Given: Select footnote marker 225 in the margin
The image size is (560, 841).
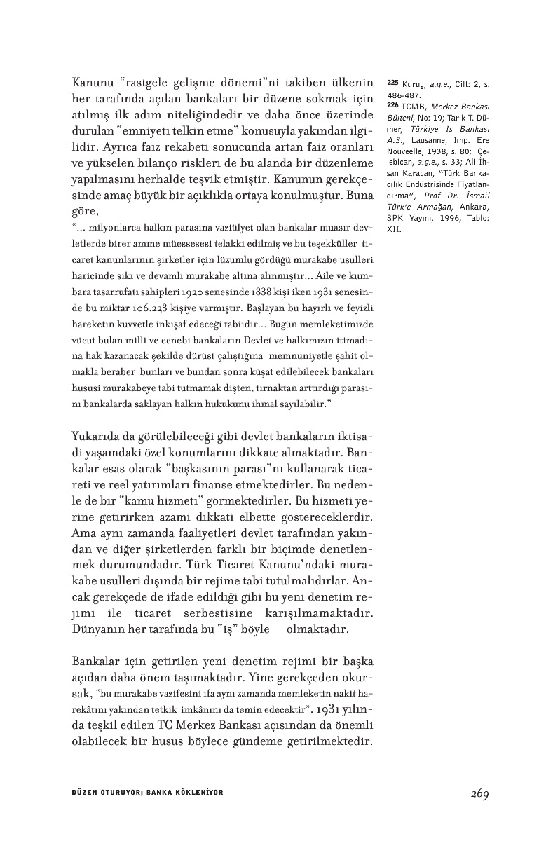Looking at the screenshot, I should (392, 83).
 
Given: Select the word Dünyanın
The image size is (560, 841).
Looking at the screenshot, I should (97, 629).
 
